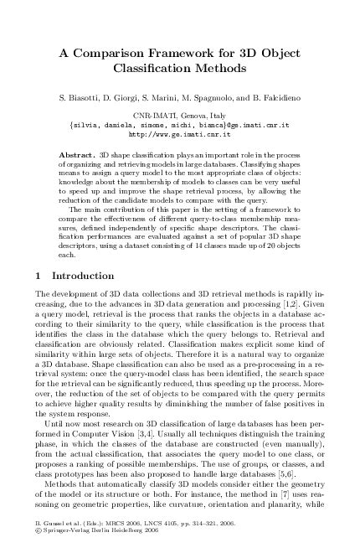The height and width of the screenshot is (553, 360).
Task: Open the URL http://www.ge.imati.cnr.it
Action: tap(179, 133)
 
